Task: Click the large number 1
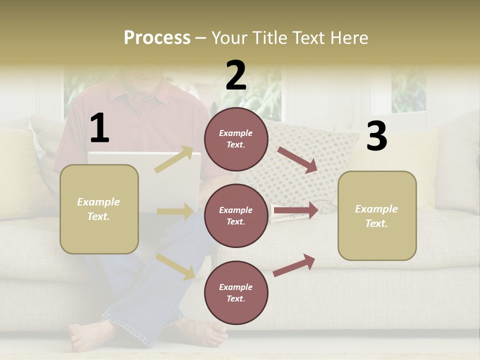pos(99,128)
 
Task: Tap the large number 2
pos(236,75)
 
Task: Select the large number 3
pos(376,136)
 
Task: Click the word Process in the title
pos(157,37)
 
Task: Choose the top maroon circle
pos(236,139)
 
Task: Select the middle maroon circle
pos(236,215)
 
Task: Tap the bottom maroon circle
pos(236,292)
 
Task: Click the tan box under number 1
pos(99,209)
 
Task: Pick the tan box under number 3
pos(377,215)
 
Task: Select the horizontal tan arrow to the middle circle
pos(175,211)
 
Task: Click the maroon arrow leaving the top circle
pos(297,160)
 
